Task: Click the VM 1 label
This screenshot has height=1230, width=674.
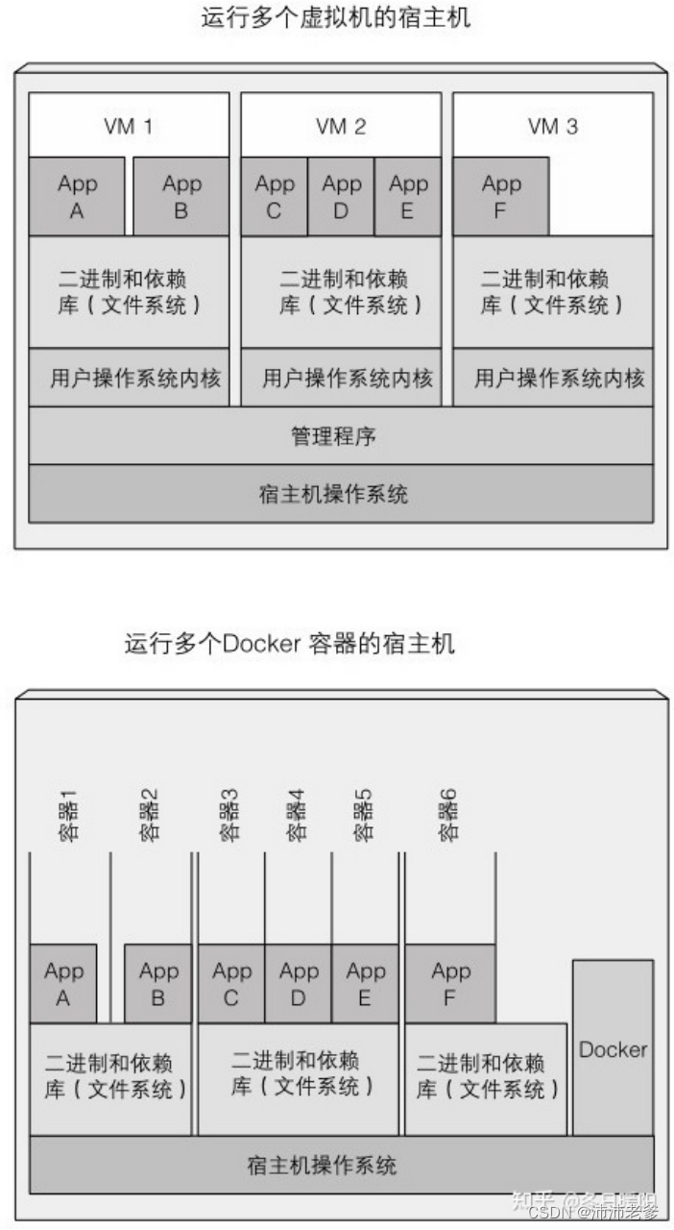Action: tap(128, 126)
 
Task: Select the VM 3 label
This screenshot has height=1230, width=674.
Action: tap(552, 126)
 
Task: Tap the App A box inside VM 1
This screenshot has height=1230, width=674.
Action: tap(77, 197)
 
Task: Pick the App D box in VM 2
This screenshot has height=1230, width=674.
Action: tap(341, 197)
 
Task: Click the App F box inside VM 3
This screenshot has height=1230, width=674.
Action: tap(500, 197)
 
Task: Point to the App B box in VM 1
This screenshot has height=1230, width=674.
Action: tap(181, 197)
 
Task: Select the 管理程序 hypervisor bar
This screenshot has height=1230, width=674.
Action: tap(340, 436)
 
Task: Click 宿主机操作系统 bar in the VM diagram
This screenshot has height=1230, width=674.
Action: tap(340, 494)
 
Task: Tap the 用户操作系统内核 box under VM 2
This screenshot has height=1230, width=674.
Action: tap(341, 378)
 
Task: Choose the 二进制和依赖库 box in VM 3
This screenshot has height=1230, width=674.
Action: tap(552, 292)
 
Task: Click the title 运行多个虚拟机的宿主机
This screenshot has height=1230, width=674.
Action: tap(336, 17)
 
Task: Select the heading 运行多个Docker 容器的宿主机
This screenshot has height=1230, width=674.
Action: tap(289, 643)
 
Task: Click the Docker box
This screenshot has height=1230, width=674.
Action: tap(613, 1049)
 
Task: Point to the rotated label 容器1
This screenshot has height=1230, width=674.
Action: tap(68, 816)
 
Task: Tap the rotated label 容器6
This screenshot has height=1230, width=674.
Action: tap(447, 816)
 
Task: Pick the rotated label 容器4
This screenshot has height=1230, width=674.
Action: tap(297, 816)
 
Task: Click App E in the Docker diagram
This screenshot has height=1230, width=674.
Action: tap(365, 984)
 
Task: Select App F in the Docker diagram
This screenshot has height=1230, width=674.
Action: tap(450, 984)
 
